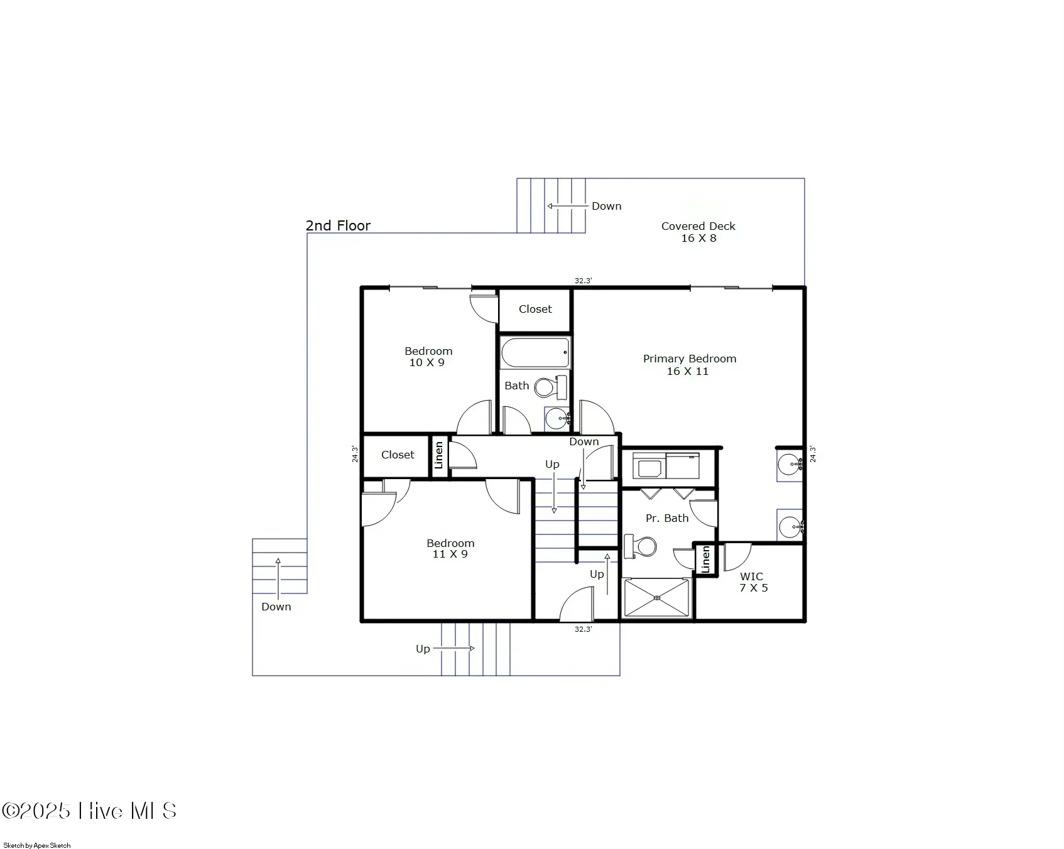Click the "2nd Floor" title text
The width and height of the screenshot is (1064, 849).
coord(338,225)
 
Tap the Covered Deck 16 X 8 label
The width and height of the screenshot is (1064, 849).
coord(698,232)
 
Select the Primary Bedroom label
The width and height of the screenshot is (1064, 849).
coord(690,359)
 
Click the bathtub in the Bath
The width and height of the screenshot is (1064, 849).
coord(536,353)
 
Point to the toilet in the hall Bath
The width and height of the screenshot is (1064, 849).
coord(551,386)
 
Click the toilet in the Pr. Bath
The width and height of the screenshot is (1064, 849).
coord(640,546)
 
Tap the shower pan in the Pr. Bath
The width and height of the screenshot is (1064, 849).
coord(656,598)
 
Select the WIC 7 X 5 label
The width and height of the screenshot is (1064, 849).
coord(753,582)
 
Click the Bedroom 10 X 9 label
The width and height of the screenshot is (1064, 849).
coord(428,357)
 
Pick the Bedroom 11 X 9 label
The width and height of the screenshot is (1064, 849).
coord(450,548)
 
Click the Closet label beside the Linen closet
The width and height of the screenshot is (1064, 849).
coord(398,455)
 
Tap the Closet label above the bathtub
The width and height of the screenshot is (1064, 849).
coord(535,309)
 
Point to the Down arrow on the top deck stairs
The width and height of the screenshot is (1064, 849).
coord(567,206)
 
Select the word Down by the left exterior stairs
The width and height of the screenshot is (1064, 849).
coord(276,607)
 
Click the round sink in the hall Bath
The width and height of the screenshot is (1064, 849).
coord(556,418)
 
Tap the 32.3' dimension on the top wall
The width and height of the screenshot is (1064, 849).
coord(584,281)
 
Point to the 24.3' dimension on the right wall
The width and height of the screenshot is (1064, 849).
coord(813,454)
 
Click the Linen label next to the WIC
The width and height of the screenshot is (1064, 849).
coord(705,559)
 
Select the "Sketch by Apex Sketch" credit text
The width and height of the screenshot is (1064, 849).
coord(37,845)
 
